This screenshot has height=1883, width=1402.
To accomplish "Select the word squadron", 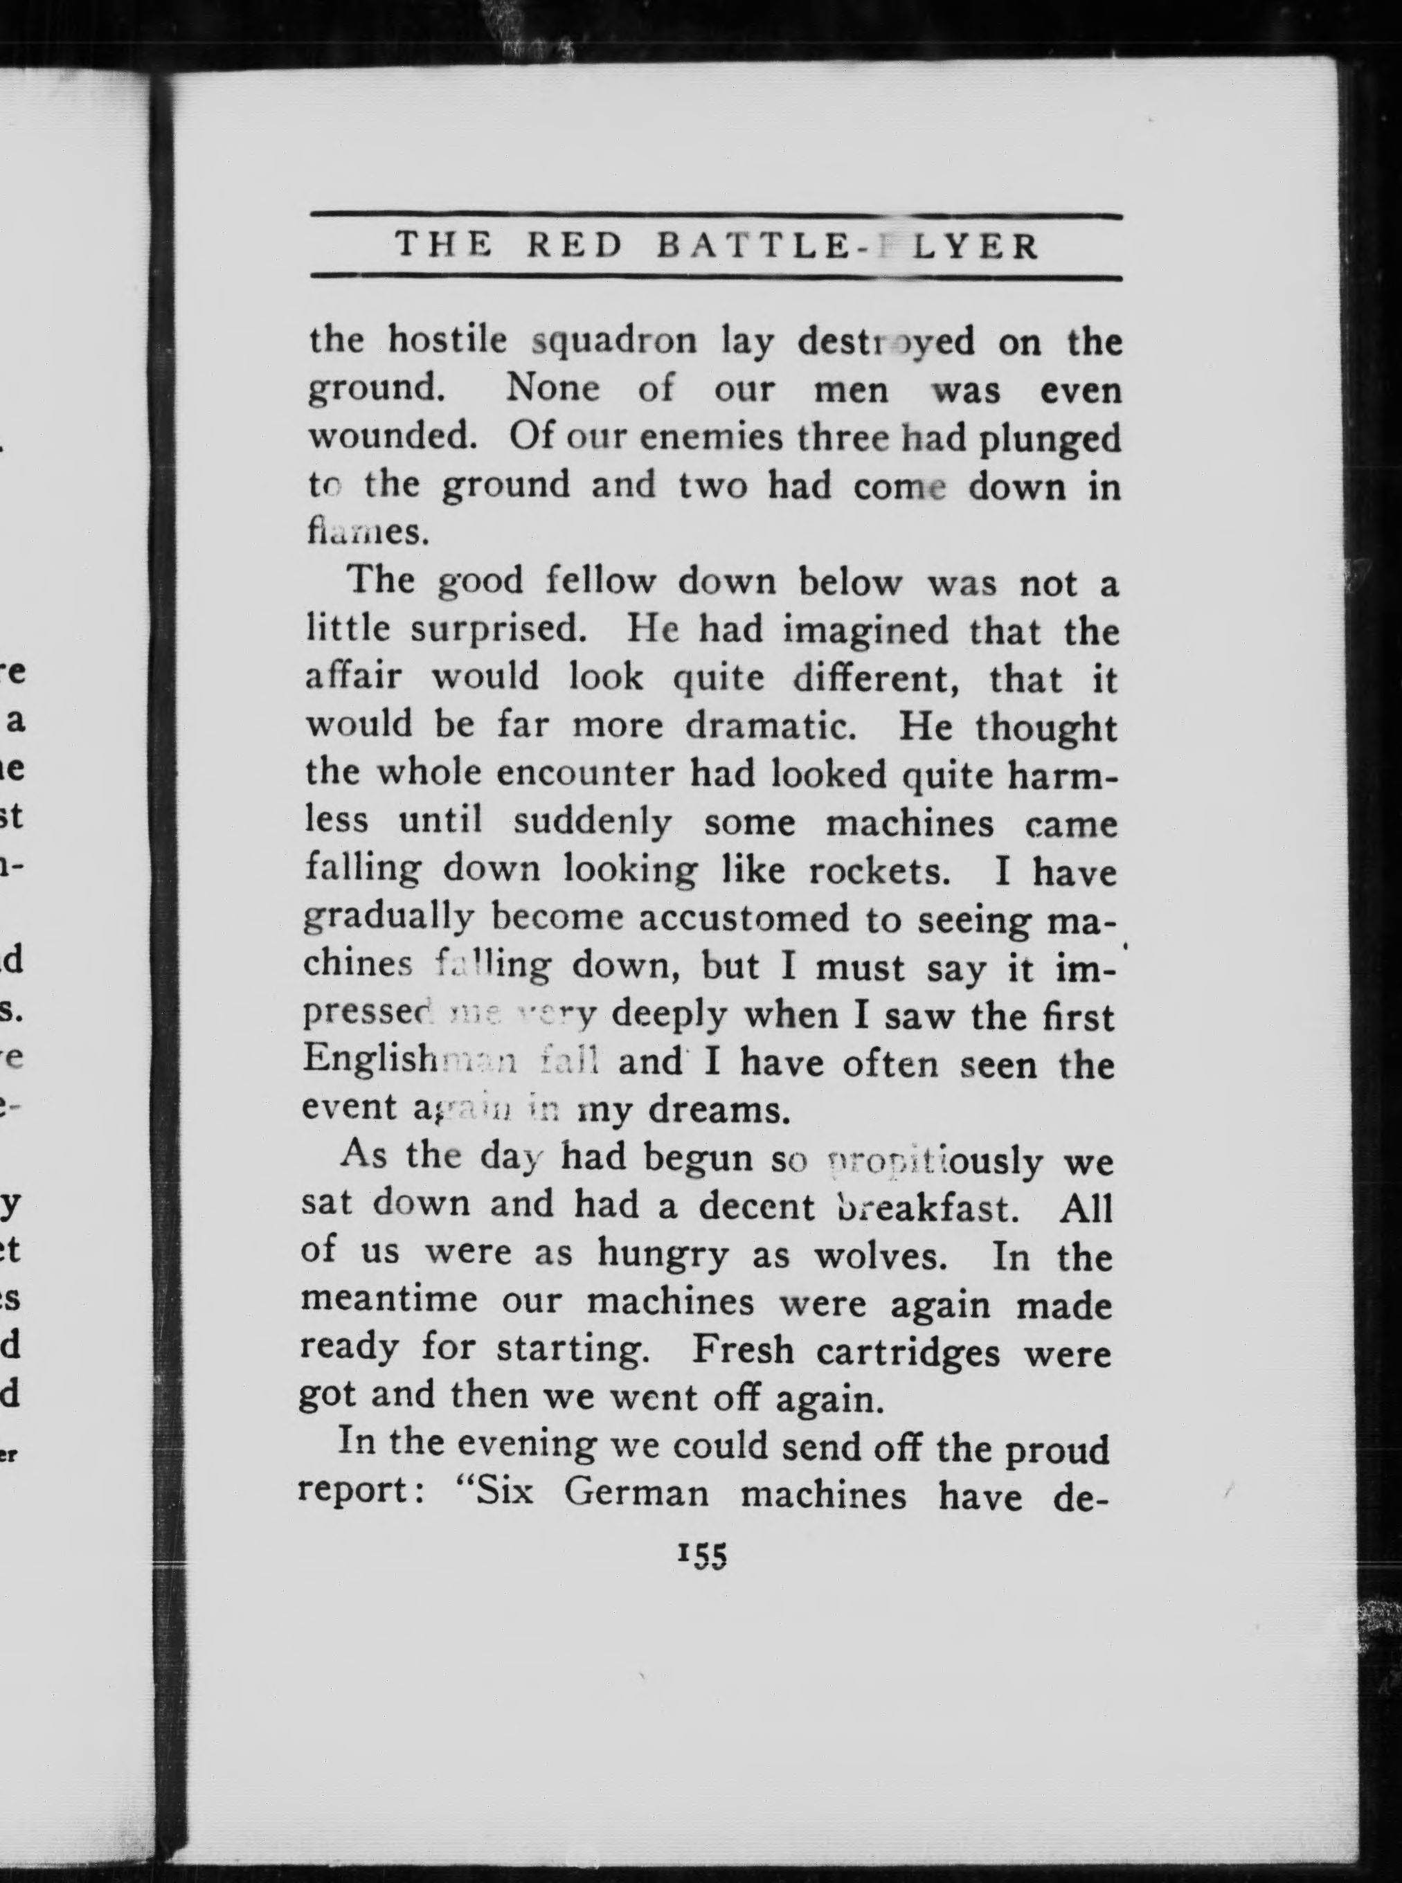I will tap(614, 341).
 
